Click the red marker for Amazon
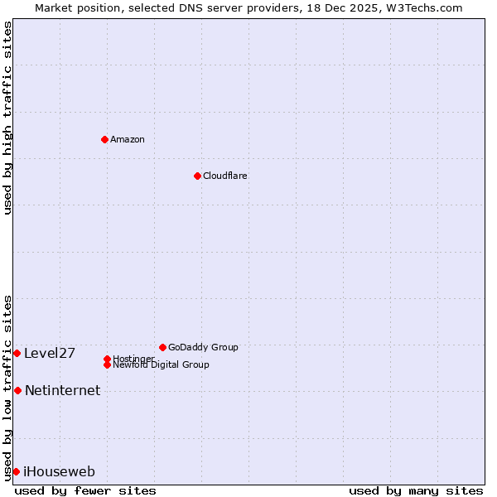click(104, 139)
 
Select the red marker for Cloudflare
click(197, 176)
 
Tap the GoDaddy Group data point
click(162, 347)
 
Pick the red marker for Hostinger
click(107, 359)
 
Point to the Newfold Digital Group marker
click(107, 364)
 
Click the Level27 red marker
click(17, 353)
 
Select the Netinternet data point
click(17, 390)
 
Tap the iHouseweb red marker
click(16, 471)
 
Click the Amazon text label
click(128, 139)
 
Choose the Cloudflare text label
click(225, 176)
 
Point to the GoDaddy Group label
click(203, 347)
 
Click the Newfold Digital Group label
click(162, 365)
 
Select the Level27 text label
click(50, 354)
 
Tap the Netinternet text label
click(62, 391)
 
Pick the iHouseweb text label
click(59, 472)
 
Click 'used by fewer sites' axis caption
click(85, 490)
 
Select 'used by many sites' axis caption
click(416, 490)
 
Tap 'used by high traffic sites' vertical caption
click(7, 118)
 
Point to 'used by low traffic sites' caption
click(7, 388)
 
